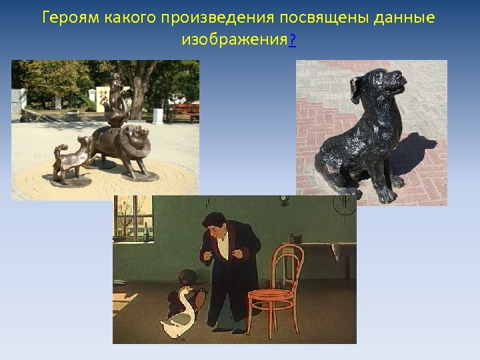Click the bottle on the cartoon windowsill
pyautogui.click(x=145, y=233)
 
